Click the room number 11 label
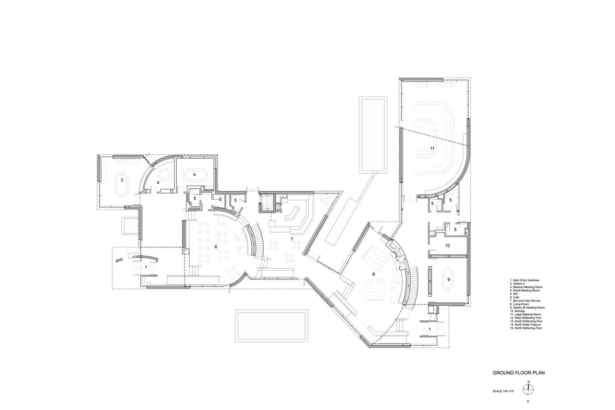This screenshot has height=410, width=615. coord(432,149)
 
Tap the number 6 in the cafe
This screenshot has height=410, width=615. coord(216,247)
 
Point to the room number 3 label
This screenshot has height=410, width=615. coord(122,180)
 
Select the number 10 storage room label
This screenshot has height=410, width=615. coord(447,246)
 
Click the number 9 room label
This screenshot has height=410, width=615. coord(448,279)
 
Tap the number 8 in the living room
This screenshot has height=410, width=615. coord(374,274)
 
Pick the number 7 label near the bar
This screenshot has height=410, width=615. coord(291,239)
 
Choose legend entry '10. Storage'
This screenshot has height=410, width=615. coord(519,311)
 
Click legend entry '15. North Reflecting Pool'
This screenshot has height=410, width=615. coord(527,329)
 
